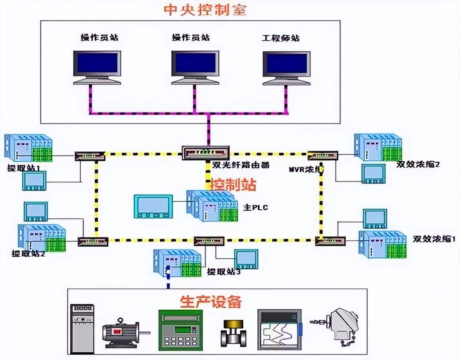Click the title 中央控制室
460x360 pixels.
coord(205,10)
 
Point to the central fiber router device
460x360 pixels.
coord(206,153)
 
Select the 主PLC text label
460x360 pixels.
coord(255,207)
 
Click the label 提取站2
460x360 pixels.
coord(28,254)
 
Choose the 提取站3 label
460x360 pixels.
coord(224,272)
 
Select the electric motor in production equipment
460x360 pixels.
coord(123,331)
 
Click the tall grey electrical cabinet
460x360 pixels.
coord(82,327)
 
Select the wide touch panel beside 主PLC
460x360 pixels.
coord(153,206)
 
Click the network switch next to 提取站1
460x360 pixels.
coord(90,156)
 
